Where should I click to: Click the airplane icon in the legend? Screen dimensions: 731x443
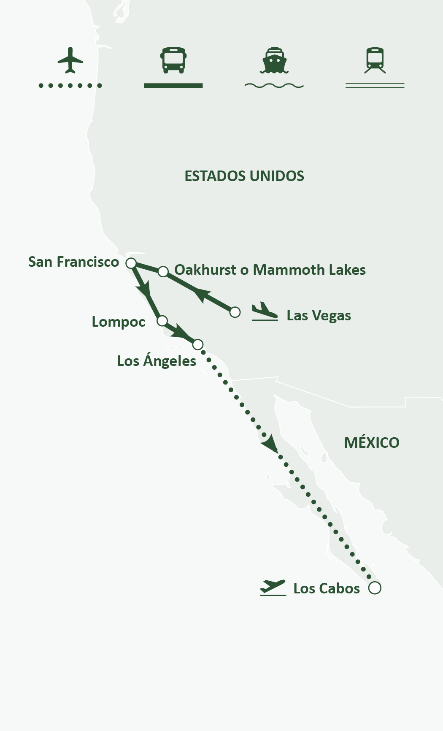pos(70,60)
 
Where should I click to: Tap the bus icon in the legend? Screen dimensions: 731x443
pos(173,60)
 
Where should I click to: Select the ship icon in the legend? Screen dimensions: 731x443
pos(274,60)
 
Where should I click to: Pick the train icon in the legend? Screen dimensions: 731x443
pos(375,60)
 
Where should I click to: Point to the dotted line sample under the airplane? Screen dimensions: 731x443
pos(70,86)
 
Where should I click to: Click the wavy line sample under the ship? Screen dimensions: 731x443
pos(274,86)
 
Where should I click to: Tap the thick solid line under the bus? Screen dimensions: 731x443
pos(173,86)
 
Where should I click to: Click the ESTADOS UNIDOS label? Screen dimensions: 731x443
pos(244,176)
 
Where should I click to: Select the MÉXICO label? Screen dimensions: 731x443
pos(371,443)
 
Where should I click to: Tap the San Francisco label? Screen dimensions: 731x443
pos(73,262)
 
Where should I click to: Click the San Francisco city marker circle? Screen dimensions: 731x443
pos(131,263)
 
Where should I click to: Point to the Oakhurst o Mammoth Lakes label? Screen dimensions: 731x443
pos(270,270)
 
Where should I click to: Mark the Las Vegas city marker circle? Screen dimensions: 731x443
pos(235,312)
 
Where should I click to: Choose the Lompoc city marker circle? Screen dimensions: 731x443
pos(162,321)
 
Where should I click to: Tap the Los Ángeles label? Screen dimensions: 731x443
pos(157,361)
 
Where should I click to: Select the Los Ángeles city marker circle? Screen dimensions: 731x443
pos(197,344)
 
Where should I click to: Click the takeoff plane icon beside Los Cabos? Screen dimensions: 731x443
pos(273,588)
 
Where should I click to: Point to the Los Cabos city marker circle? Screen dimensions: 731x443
pos(375,588)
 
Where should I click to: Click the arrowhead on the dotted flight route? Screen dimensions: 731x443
pos(270,444)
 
